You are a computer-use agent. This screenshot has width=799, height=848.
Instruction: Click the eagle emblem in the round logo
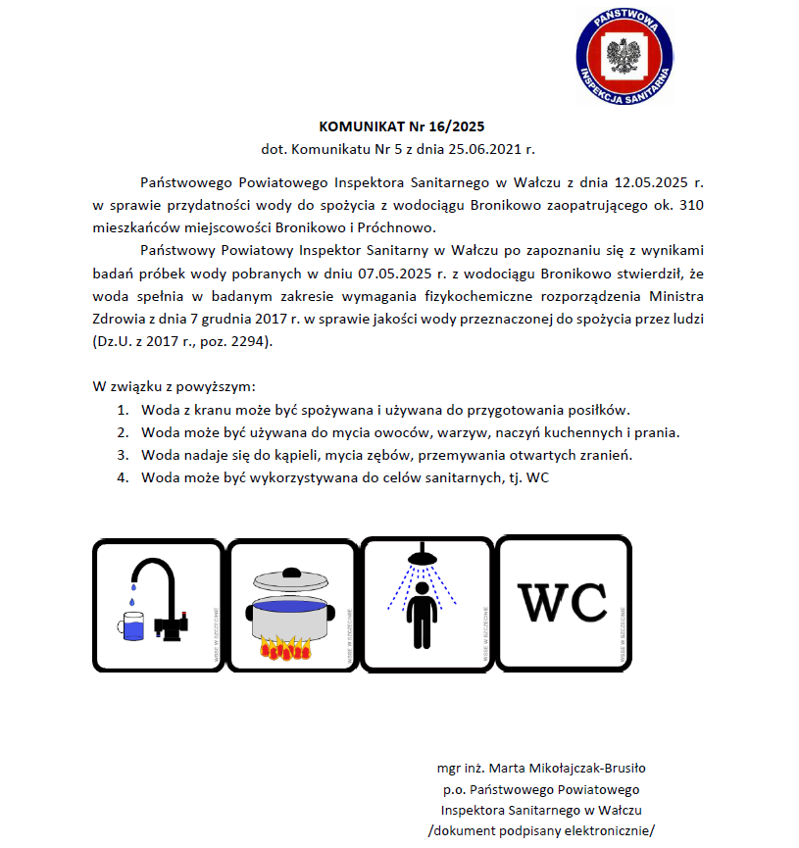pos(624,54)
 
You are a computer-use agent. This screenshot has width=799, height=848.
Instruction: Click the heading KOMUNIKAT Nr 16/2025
pos(402,126)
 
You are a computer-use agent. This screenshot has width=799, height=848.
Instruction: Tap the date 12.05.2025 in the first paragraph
pos(648,182)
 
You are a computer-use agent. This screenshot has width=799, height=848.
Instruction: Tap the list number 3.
pos(123,455)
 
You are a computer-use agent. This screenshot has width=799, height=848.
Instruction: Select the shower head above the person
pos(423,558)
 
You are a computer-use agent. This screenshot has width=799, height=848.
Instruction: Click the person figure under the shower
pos(423,613)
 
